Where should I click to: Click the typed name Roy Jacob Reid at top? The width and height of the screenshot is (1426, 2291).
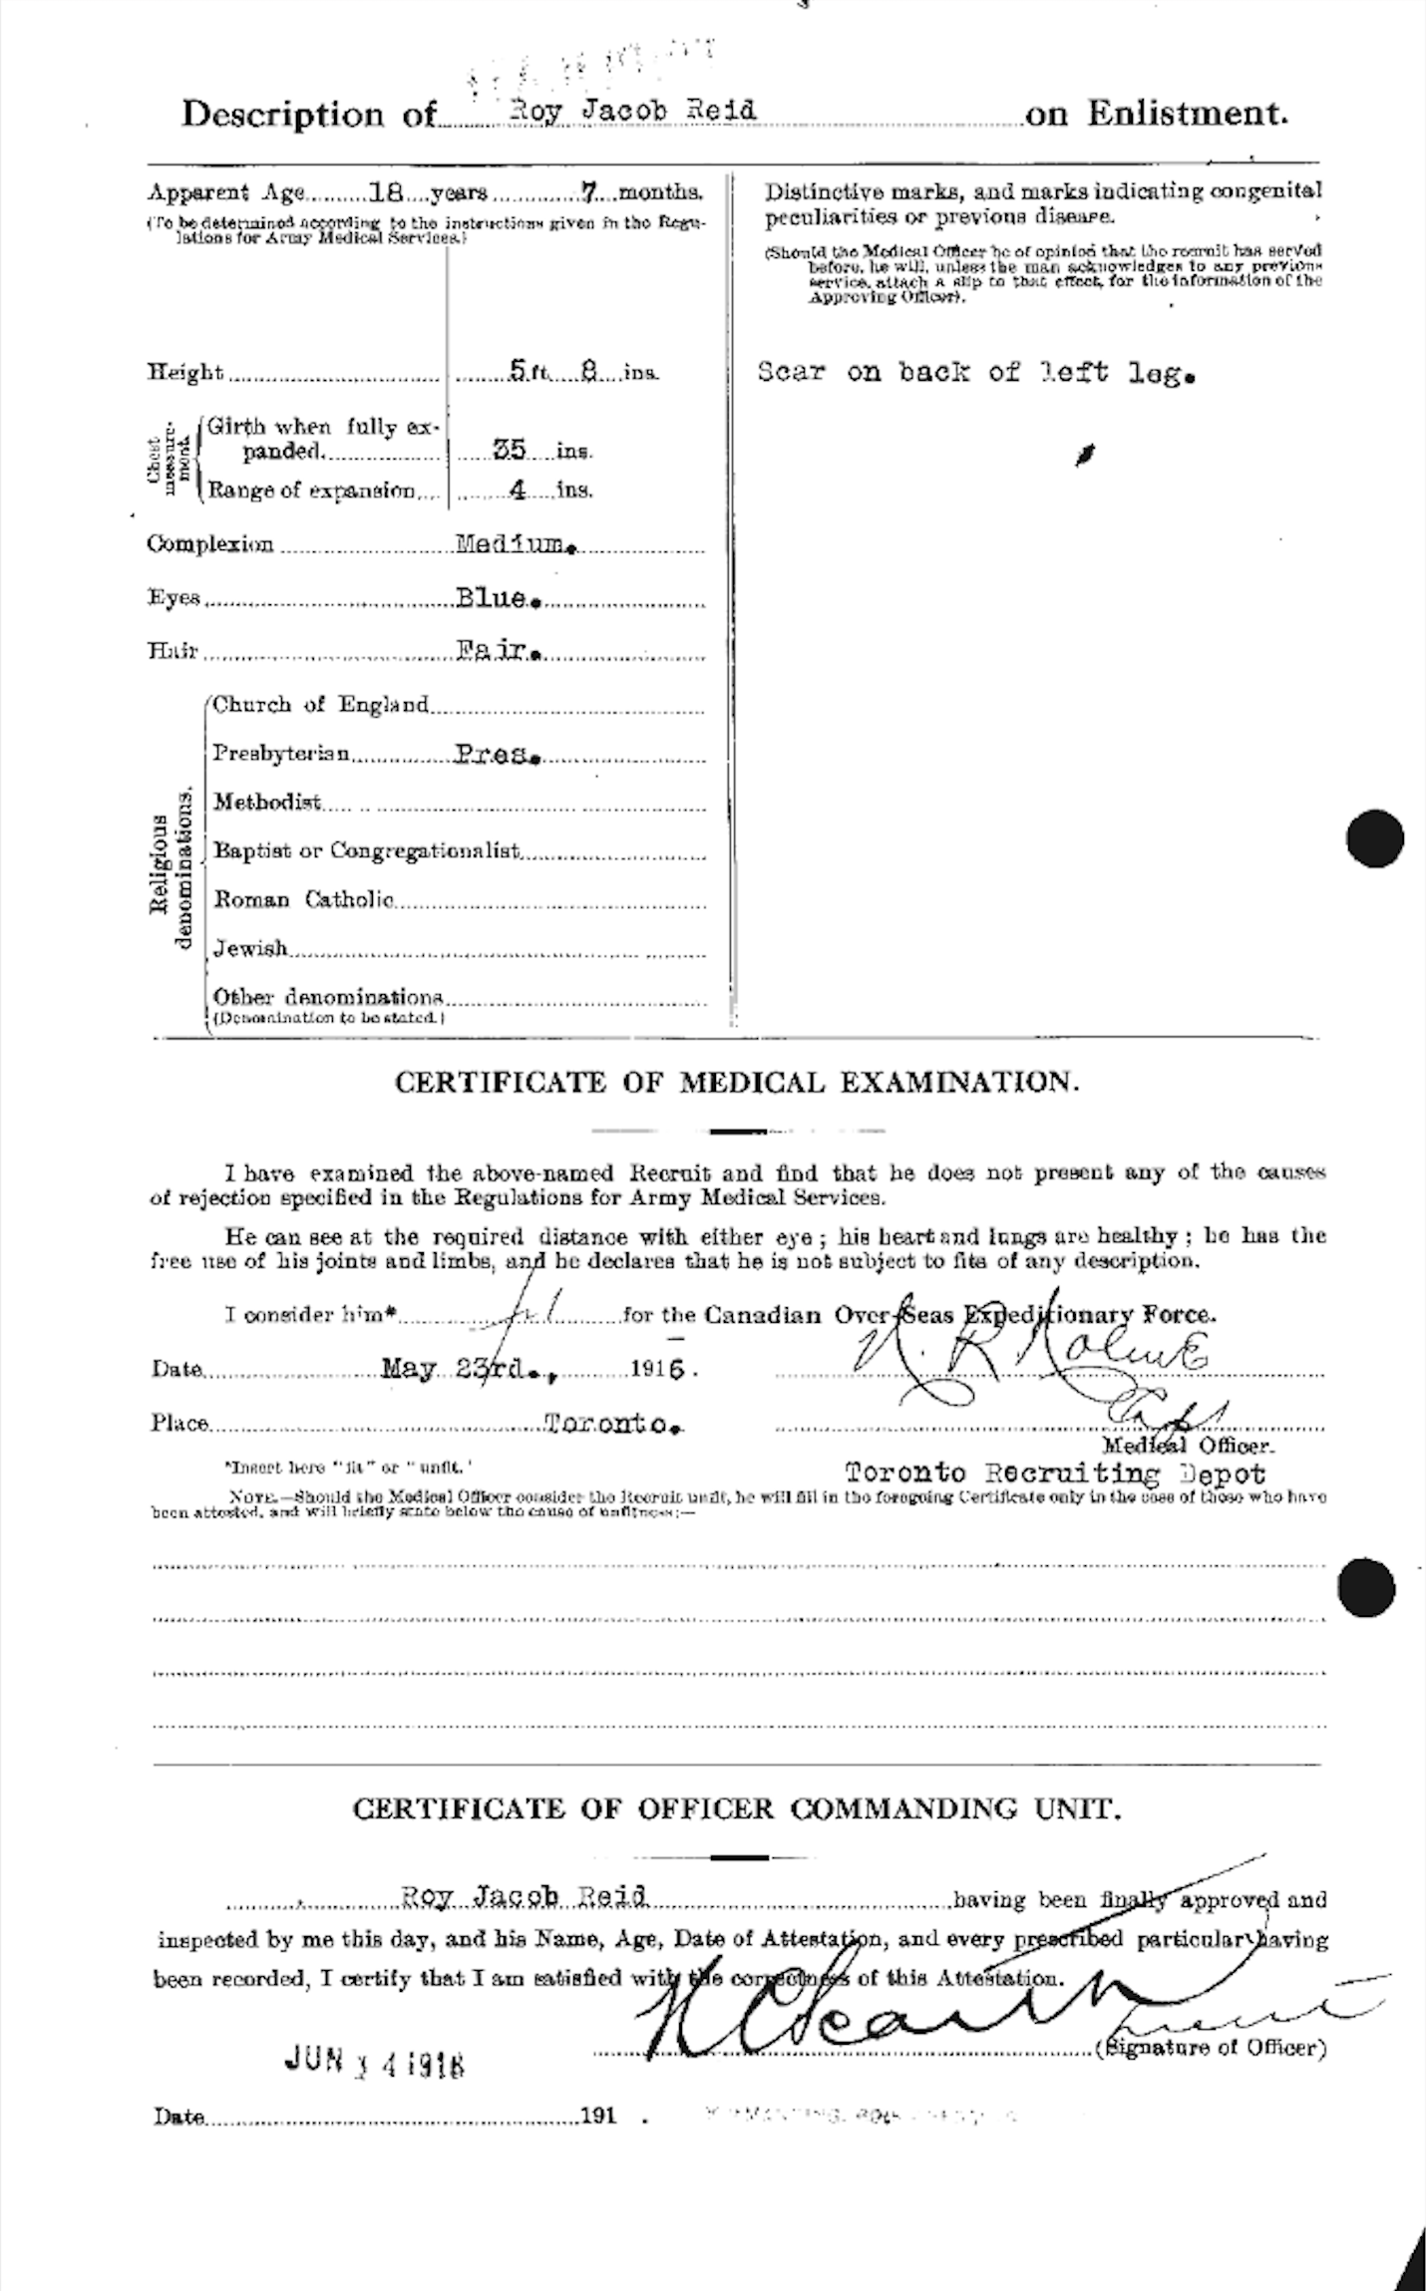coord(631,111)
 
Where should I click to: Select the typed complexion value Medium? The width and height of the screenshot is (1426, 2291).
coord(514,544)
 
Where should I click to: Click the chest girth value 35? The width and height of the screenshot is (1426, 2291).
coord(511,450)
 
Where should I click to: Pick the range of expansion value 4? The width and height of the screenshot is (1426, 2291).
coord(515,491)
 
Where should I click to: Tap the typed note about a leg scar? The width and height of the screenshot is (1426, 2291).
coord(975,374)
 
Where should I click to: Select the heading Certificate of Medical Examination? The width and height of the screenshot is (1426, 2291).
coord(736,1083)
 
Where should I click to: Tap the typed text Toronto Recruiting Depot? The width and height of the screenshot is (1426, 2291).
coord(1055,1473)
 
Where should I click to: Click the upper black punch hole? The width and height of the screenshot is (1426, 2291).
coord(1373,836)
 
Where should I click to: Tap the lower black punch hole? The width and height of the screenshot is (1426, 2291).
coord(1365,1588)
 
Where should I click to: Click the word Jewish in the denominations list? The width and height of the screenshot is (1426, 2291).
coord(250,947)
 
